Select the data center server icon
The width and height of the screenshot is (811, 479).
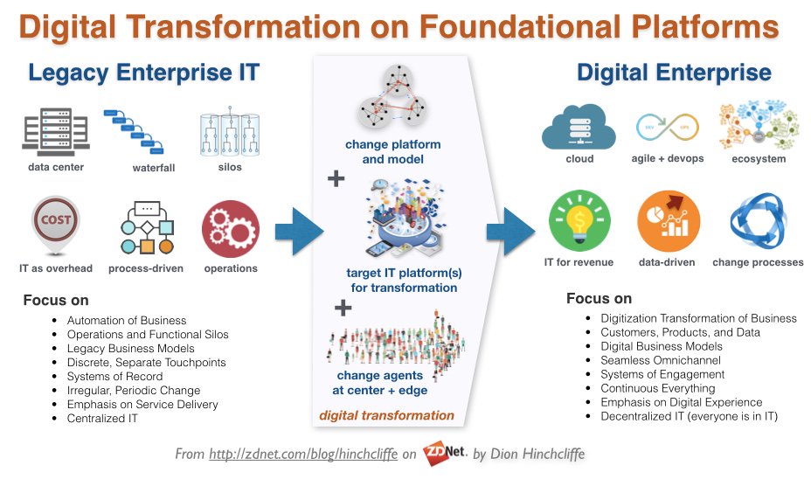coord(56,130)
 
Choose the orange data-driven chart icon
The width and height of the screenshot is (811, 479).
coord(667,223)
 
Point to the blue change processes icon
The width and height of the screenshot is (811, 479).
coord(757,223)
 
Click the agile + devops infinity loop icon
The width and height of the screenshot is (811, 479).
coord(666,128)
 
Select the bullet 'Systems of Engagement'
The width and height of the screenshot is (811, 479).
coord(662,374)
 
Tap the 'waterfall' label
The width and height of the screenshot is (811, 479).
coord(154,168)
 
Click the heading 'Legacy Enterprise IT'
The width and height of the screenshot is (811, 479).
coord(143,72)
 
